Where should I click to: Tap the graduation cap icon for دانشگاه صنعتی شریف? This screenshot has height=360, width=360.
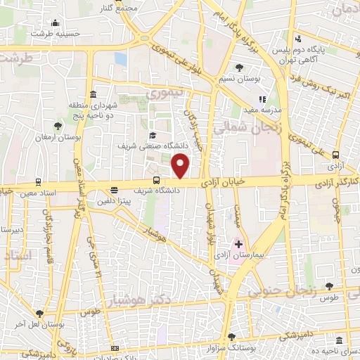tap(152, 136)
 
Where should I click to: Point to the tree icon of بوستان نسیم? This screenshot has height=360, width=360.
tap(240, 68)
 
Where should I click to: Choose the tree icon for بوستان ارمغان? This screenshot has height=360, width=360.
tap(58, 126)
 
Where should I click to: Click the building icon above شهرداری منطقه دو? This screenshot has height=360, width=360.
tap(94, 95)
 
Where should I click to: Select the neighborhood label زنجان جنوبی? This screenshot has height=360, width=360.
tap(282, 288)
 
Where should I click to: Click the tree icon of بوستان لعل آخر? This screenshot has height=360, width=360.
tap(39, 314)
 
